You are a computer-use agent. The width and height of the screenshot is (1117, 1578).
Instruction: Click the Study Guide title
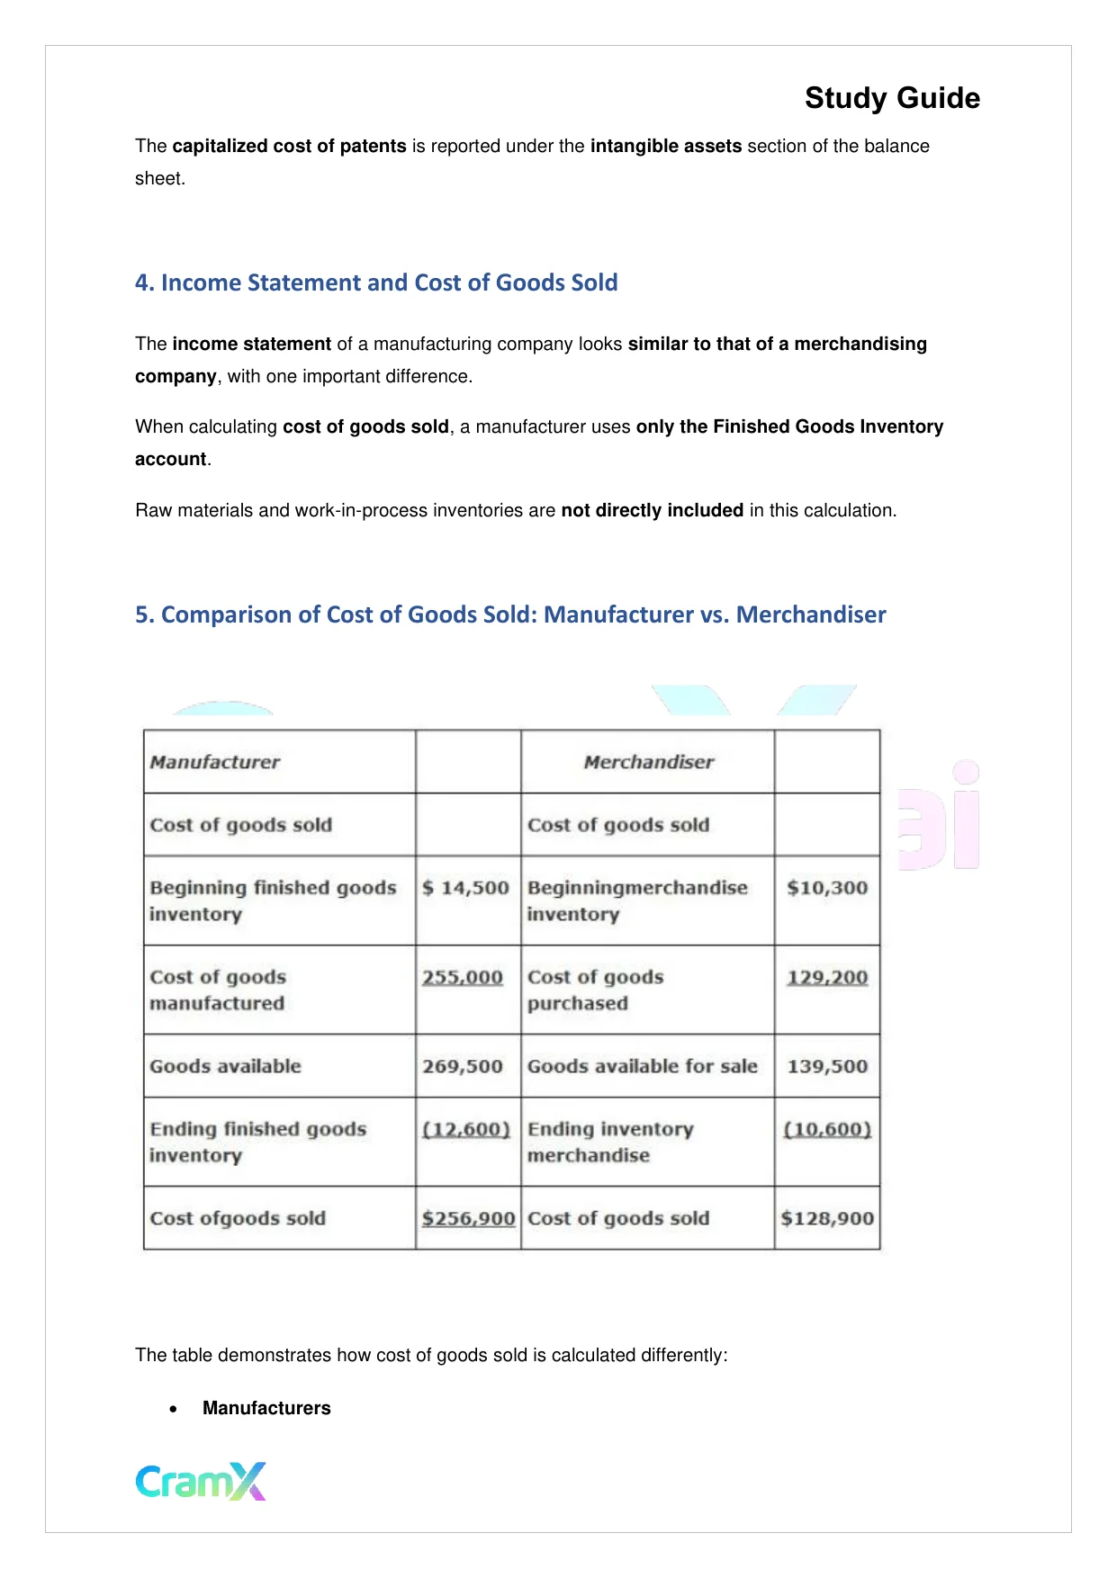coord(891,98)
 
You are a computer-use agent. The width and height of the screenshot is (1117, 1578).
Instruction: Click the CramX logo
coord(201,1481)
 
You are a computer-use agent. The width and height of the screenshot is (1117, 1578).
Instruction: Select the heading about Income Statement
coord(376,282)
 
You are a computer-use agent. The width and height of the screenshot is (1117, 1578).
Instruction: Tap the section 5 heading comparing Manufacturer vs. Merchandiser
coord(510,614)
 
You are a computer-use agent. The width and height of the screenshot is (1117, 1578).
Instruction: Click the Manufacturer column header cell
coord(215,762)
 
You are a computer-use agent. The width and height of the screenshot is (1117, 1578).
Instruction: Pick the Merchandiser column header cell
coord(648,762)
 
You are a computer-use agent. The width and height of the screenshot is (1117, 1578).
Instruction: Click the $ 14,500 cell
coord(466,888)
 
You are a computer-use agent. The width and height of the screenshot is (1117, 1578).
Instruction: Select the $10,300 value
coord(826,888)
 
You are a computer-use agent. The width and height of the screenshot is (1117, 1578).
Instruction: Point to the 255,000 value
coord(463,977)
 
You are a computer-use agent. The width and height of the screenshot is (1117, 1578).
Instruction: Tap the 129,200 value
coord(827,977)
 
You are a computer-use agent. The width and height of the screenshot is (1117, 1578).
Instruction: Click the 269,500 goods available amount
coord(463,1066)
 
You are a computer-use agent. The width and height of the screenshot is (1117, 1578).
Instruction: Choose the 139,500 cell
coord(827,1066)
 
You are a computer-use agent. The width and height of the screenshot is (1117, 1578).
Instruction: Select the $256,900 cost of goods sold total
coord(468,1218)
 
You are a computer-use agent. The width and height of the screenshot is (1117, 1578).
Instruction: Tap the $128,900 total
coord(827,1218)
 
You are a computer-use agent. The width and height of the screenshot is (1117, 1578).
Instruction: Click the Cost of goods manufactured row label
coord(218,990)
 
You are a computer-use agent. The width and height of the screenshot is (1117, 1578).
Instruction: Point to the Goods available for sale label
coord(642,1066)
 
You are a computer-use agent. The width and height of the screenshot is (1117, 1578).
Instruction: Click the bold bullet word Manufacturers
coord(266,1408)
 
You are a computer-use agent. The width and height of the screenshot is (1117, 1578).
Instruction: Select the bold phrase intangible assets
coord(666,146)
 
